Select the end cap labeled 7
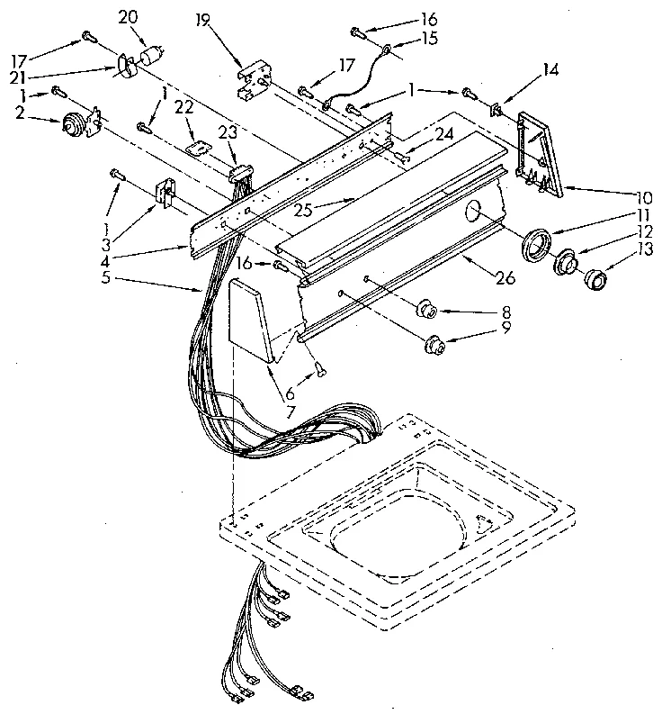pos(251,320)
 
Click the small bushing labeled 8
pos(427,312)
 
